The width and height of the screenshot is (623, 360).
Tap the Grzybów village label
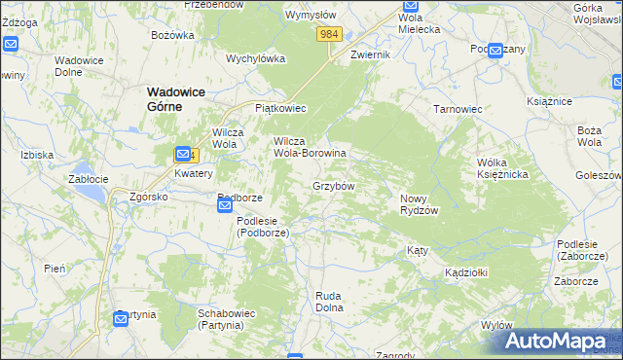[x=333, y=185]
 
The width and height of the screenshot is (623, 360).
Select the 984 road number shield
[x=329, y=34]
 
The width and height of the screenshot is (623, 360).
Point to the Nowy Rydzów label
[x=420, y=204]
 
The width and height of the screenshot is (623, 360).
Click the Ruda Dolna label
[x=330, y=301]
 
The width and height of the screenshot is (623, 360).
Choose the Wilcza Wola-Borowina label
[x=310, y=147]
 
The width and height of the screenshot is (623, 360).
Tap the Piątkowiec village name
[x=280, y=108]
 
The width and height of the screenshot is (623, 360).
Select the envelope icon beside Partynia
[x=120, y=319]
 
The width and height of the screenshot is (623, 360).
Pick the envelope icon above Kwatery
[x=182, y=154]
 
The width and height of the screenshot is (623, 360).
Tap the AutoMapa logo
[x=555, y=341]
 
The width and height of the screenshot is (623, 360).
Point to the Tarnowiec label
[x=458, y=109]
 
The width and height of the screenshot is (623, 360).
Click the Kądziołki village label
[x=465, y=272]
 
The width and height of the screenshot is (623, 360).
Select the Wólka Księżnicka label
[x=501, y=167]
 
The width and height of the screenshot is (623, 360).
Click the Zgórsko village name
[x=149, y=197]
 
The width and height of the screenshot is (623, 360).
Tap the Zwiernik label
[x=370, y=55]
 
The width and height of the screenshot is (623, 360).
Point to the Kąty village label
[x=417, y=251]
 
